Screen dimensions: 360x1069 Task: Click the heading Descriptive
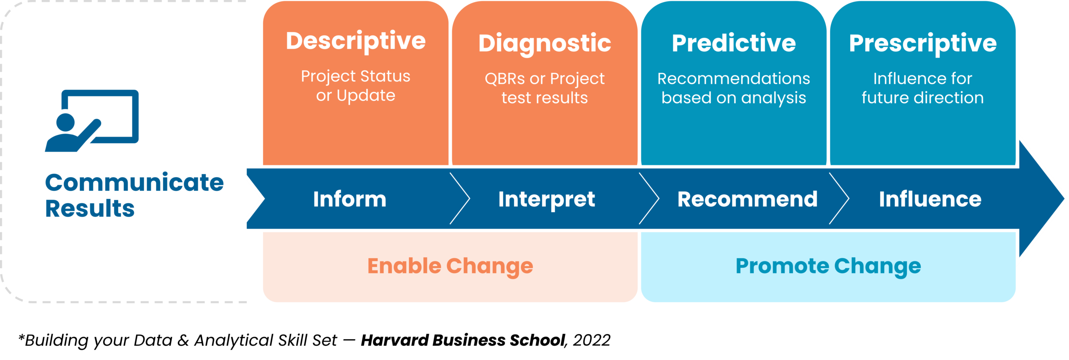click(x=356, y=41)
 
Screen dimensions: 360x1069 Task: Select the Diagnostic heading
click(x=545, y=43)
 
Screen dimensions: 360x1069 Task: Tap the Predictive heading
click(x=734, y=43)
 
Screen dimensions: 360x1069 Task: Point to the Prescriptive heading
click(x=923, y=43)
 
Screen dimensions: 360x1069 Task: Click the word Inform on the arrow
click(x=350, y=199)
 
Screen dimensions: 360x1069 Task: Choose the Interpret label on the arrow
click(x=547, y=199)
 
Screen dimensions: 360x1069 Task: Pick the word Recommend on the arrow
click(x=747, y=199)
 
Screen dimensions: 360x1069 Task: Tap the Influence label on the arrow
click(x=930, y=199)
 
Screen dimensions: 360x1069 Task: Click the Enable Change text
click(x=450, y=266)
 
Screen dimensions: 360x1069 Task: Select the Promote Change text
click(x=828, y=266)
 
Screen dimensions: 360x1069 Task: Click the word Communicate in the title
click(x=134, y=183)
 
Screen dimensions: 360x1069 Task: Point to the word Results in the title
click(x=90, y=208)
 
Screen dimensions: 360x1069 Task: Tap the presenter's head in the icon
click(x=65, y=122)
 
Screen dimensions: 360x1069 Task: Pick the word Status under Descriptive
click(x=385, y=76)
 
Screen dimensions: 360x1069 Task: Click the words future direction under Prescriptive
click(x=922, y=98)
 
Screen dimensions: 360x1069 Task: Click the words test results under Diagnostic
click(x=545, y=98)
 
